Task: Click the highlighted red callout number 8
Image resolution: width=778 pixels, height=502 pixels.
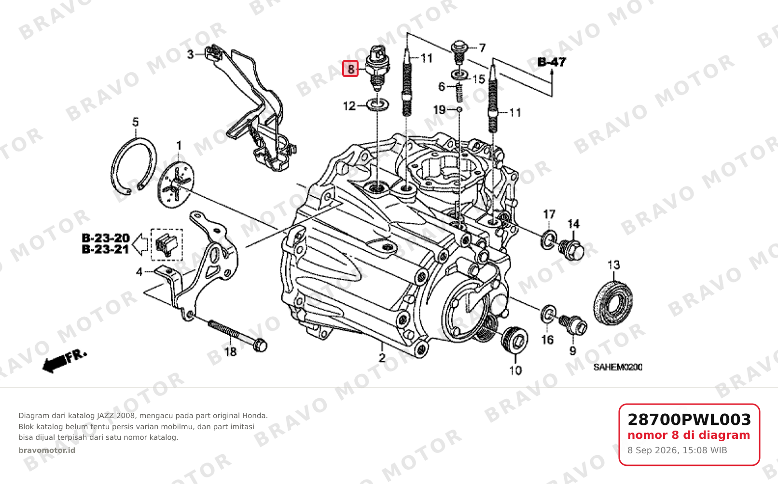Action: point(350,68)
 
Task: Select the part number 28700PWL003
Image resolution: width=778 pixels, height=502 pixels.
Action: point(689,420)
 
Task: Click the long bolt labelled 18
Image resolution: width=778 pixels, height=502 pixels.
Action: point(237,336)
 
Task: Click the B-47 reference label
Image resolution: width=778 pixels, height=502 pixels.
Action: point(552,62)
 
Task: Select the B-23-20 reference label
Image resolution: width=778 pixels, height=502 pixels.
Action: point(106,238)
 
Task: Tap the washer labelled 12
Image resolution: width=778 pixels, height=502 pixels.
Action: point(377,105)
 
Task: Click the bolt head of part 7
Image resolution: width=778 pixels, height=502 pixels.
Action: point(459,46)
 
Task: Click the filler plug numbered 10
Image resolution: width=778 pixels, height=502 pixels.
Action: point(515,339)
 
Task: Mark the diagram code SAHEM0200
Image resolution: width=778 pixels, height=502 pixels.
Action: point(618,367)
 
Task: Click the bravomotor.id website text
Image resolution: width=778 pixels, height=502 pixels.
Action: point(47,450)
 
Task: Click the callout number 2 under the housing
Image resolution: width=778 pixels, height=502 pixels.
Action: point(382,358)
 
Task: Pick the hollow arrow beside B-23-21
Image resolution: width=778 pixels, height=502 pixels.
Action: point(140,244)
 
